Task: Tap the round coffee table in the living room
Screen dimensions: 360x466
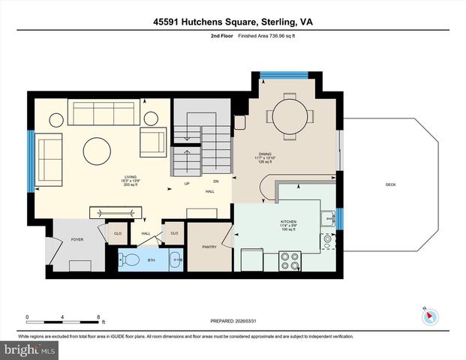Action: [98, 150]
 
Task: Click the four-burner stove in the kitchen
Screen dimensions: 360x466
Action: [290, 261]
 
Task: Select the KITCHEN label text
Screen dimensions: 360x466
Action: [289, 222]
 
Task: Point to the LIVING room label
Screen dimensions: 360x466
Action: [131, 177]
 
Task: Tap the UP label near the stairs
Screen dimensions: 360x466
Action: [187, 184]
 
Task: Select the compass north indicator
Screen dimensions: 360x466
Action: [428, 316]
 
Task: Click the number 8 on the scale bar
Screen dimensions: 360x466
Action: [98, 316]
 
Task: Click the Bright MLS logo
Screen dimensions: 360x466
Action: [29, 350]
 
